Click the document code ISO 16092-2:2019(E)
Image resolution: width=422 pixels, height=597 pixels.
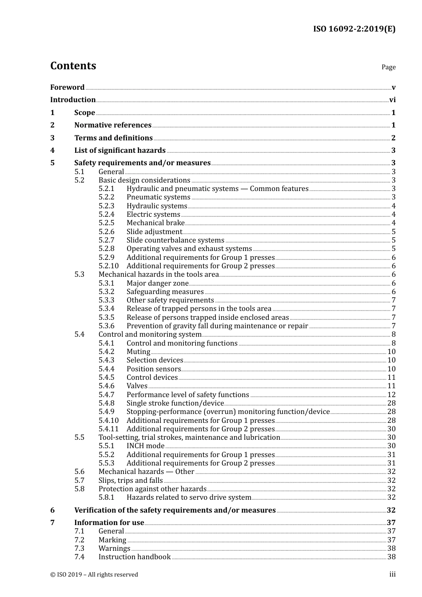point(354,29)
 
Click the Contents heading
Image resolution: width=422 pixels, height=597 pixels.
point(73,66)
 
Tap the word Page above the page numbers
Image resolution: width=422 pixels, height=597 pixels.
point(388,67)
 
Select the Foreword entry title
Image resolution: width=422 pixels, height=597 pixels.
point(67,88)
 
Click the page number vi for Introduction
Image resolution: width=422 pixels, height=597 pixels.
point(392,100)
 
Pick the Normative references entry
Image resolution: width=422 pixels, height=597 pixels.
point(113,125)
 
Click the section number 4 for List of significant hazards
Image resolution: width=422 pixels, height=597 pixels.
point(52,151)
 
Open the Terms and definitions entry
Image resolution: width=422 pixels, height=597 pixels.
point(113,138)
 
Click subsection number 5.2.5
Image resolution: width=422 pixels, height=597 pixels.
point(106,223)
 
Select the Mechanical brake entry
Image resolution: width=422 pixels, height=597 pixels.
point(155,223)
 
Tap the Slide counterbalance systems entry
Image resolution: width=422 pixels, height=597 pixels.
point(175,240)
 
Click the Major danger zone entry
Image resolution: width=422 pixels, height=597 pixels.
point(157,283)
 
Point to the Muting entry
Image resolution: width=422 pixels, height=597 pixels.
point(138,352)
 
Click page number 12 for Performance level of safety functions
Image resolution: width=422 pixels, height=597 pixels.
point(391,395)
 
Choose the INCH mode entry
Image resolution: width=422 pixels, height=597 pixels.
point(145,446)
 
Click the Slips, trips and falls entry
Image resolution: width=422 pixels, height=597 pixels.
point(131,481)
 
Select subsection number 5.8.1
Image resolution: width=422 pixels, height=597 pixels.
point(106,497)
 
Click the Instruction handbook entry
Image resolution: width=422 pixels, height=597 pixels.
point(135,557)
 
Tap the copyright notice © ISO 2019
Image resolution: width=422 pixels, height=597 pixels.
point(94,575)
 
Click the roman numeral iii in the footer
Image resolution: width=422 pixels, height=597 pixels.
point(392,574)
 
